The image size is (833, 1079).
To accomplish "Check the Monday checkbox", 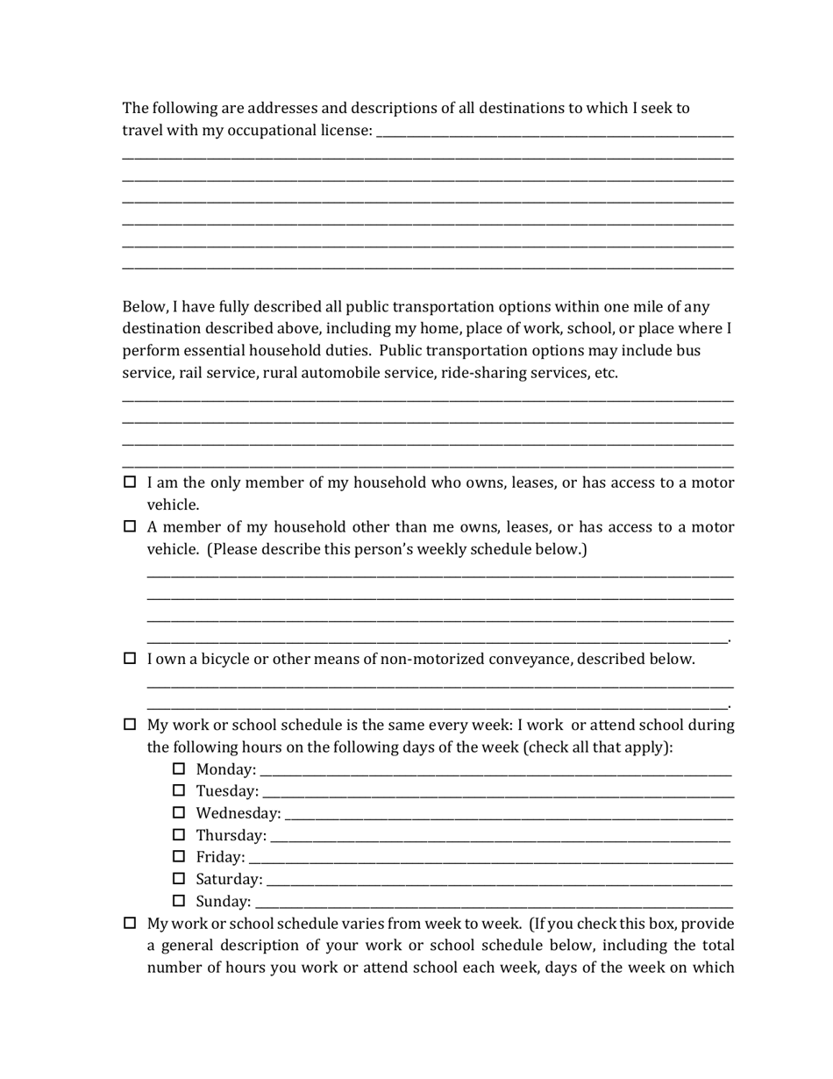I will (179, 769).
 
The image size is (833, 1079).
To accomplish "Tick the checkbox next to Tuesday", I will (179, 791).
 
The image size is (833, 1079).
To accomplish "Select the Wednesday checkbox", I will (179, 813).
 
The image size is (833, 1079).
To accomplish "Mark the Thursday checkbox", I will (179, 835).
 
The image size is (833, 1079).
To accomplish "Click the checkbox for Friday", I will (179, 857).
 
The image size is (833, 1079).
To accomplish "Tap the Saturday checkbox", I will (179, 879).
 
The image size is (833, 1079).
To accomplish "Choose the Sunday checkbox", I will (179, 901).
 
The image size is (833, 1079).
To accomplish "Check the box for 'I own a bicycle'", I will (130, 659).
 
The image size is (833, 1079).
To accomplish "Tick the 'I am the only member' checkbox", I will (130, 482).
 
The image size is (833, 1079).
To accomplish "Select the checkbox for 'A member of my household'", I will (130, 527).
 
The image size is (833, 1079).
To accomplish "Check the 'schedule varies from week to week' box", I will (130, 924).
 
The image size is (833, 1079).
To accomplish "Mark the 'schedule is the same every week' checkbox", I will (130, 725).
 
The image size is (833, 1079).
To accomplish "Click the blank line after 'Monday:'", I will (495, 773).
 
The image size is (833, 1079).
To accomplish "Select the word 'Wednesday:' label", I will (239, 813).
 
